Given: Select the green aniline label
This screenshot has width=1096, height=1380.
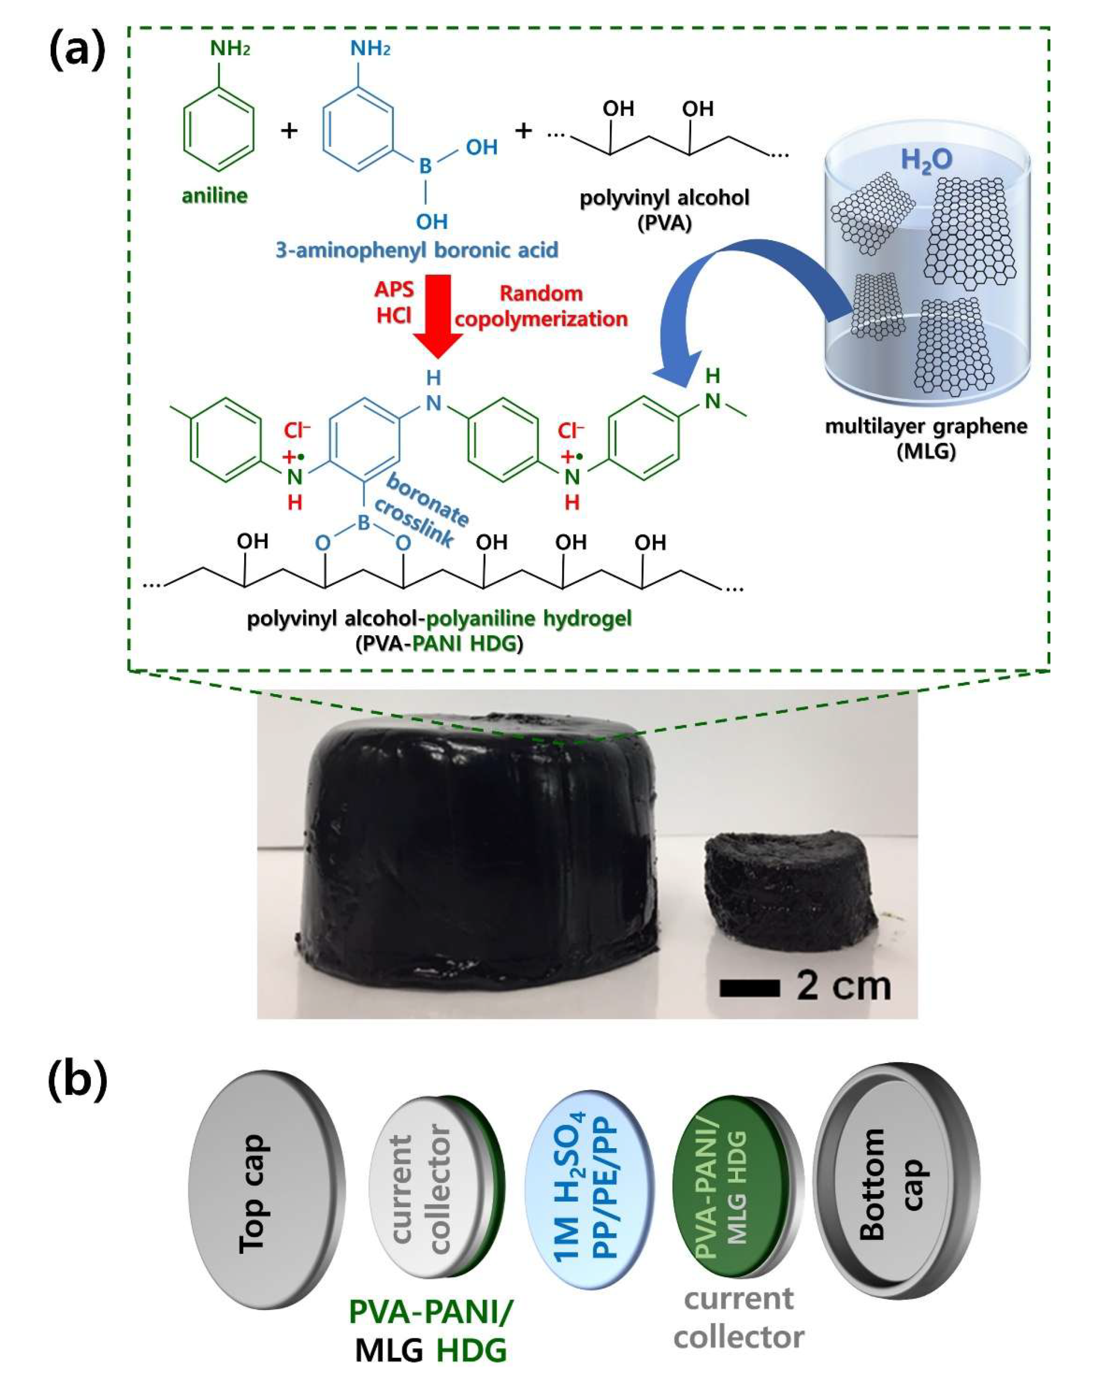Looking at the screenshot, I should pos(215,195).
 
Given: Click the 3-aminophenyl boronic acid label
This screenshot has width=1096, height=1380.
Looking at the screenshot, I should pos(417,250).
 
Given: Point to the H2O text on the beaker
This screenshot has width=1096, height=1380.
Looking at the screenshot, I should pos(926,160).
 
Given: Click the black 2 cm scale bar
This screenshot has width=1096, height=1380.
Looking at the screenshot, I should pos(749,988).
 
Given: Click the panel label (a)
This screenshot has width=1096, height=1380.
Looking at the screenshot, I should pos(77,51).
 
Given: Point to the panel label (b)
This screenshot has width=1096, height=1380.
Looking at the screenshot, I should pos(77,1082).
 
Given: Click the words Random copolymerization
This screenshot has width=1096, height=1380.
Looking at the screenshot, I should pos(541,306).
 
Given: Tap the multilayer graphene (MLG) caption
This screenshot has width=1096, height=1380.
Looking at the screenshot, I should pos(926,439).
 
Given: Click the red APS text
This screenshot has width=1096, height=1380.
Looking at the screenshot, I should pos(394,289).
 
